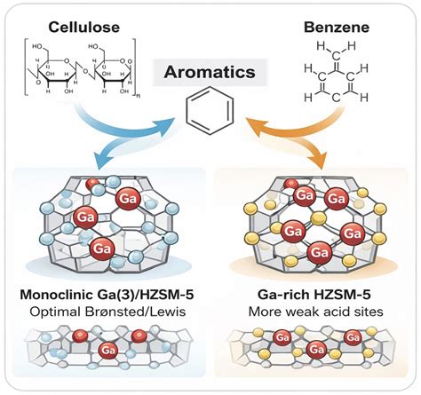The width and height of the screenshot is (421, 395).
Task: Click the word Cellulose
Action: (84, 28)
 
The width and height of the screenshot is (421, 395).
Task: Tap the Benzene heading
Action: (337, 28)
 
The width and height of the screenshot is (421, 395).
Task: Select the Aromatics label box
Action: (210, 72)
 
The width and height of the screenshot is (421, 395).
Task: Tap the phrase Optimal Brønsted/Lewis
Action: (107, 312)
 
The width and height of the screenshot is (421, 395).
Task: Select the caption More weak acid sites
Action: (315, 312)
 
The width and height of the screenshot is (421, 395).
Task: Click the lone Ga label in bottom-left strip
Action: (107, 351)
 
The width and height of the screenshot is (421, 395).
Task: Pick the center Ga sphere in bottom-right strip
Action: (316, 350)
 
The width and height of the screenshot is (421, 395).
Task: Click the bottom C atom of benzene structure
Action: (336, 98)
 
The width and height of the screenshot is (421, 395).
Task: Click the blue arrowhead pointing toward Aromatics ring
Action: (166, 124)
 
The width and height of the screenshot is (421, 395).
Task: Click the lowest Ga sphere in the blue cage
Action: (102, 249)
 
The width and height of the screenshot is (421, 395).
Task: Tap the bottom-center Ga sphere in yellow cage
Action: (318, 253)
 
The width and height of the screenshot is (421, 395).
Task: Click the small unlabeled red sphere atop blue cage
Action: (92, 184)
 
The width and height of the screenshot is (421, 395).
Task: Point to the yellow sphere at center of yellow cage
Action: (318, 218)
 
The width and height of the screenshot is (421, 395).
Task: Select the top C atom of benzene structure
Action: (336, 55)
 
